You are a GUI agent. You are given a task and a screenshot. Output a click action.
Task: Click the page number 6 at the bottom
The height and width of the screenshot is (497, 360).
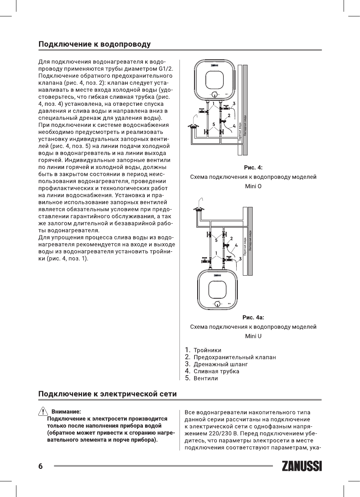click(40, 467)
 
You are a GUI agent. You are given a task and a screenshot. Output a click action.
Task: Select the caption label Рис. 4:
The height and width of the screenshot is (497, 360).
click(253, 168)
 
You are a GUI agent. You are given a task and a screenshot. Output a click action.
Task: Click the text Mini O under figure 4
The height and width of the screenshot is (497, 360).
click(253, 186)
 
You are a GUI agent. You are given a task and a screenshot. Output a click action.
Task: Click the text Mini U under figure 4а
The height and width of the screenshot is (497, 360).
click(253, 336)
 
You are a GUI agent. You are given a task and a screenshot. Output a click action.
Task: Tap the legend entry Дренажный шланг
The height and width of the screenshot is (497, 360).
click(221, 364)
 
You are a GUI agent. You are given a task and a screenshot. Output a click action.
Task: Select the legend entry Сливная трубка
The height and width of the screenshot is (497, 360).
click(216, 371)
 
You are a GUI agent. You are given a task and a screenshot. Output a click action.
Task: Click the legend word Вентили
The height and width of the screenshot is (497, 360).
click(206, 378)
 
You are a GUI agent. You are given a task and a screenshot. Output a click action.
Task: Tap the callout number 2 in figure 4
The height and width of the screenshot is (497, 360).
click(229, 116)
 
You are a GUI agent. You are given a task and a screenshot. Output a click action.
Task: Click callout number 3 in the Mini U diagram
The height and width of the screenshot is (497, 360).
click(240, 259)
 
